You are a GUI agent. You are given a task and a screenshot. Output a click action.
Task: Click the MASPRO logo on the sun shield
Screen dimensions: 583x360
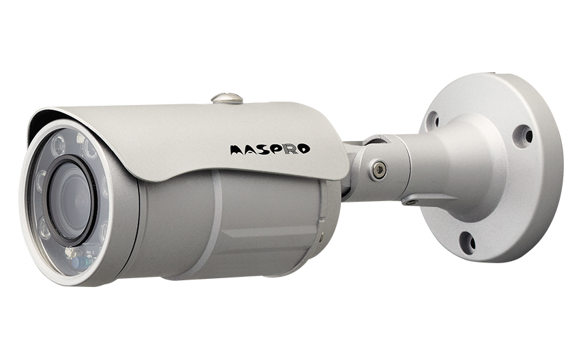[x=270, y=149]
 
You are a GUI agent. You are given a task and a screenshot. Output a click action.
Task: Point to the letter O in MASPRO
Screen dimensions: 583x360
[x=304, y=149]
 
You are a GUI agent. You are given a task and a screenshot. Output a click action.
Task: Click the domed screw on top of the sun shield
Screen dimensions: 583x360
[x=227, y=98]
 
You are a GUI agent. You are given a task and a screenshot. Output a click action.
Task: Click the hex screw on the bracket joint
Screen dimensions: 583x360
[x=379, y=170]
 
